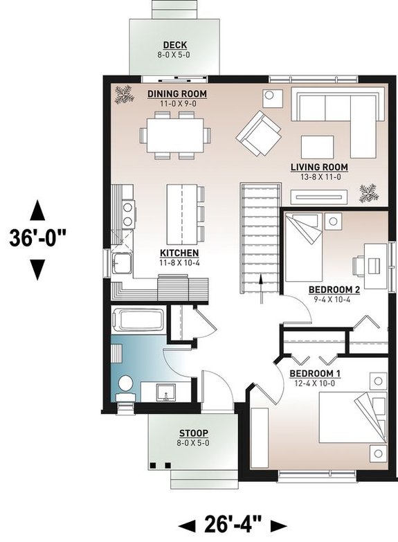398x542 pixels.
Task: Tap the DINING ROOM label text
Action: [178, 94]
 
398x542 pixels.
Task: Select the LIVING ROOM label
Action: [319, 168]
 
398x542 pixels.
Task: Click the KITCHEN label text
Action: [179, 253]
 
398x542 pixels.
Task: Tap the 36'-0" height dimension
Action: [38, 239]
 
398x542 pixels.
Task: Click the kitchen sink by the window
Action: [123, 264]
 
